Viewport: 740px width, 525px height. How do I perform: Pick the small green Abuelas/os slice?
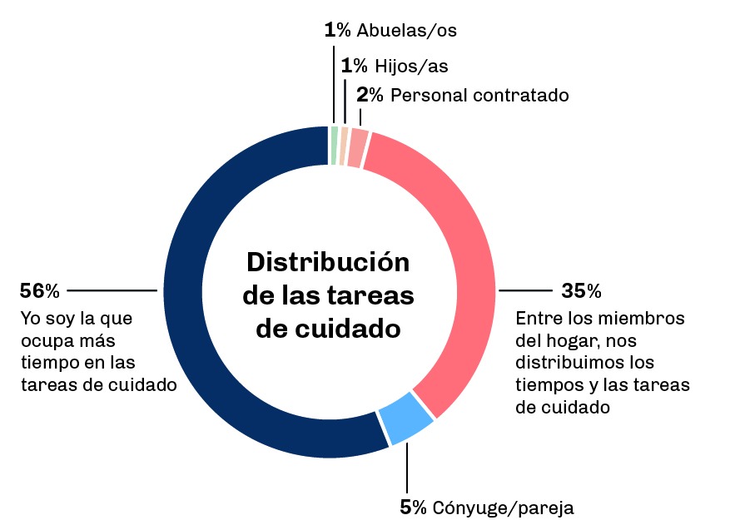click(334, 146)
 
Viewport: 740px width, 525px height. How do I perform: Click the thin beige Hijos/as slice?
click(343, 146)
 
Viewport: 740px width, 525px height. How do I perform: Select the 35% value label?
click(581, 291)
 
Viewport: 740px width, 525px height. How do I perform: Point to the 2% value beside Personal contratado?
click(370, 95)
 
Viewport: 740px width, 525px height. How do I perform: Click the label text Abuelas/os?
click(406, 31)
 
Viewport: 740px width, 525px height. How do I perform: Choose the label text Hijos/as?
click(411, 66)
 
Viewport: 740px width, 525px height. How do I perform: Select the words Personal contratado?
click(479, 95)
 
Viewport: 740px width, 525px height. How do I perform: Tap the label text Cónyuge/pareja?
click(503, 508)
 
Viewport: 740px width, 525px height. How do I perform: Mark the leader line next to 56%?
click(112, 291)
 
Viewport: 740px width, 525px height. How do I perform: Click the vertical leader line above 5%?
click(407, 470)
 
